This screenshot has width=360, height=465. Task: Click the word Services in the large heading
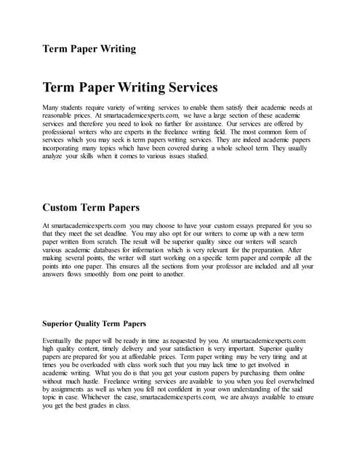pyautogui.click(x=184, y=88)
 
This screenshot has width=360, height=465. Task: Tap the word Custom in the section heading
pyautogui.click(x=68, y=207)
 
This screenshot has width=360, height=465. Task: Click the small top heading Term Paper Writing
pyautogui.click(x=88, y=49)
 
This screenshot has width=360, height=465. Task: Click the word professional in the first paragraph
pyautogui.click(x=62, y=136)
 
